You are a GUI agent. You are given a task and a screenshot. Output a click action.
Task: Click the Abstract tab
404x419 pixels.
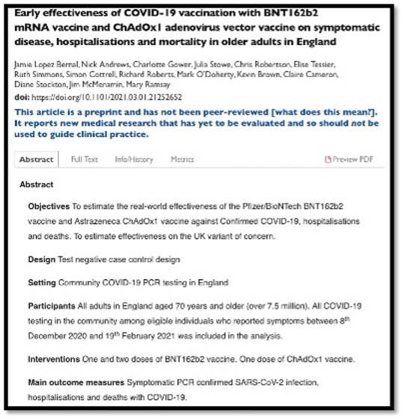click(x=36, y=159)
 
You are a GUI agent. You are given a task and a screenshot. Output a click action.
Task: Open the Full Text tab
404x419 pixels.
click(x=84, y=159)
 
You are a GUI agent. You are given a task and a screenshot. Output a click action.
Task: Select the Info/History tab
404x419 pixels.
click(x=134, y=159)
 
